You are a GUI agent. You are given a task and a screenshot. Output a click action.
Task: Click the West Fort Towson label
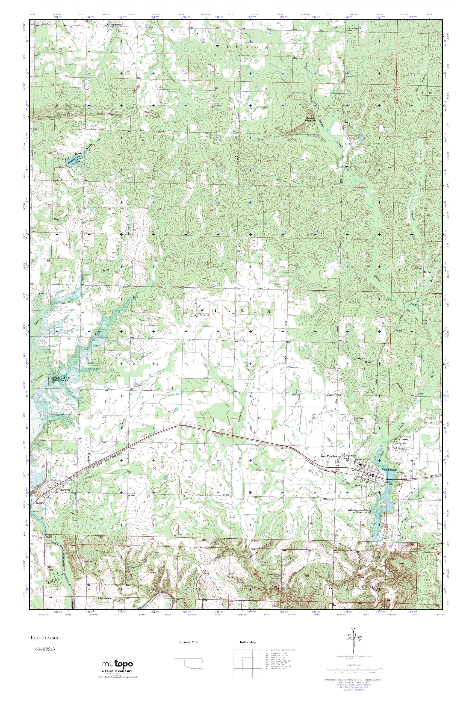[331, 457]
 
